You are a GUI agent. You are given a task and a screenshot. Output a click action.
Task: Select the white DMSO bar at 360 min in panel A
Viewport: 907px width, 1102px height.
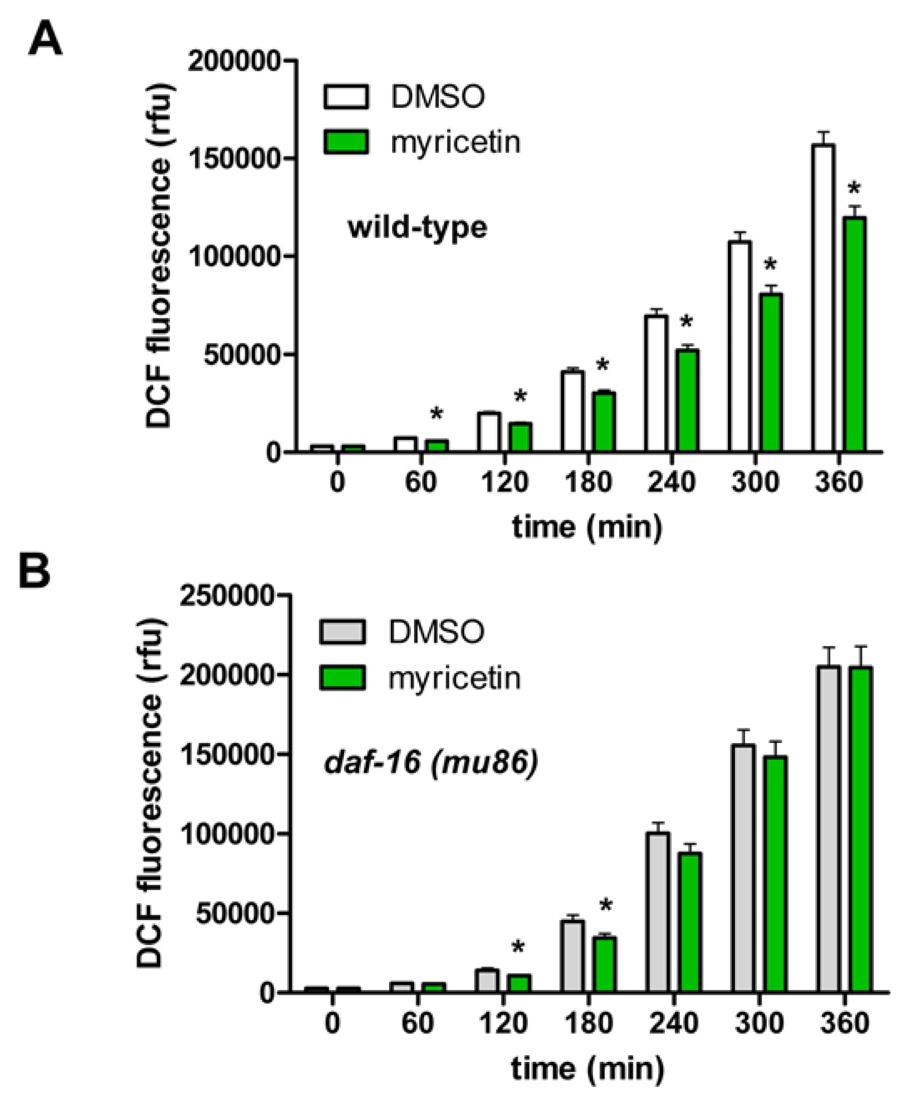coord(823,298)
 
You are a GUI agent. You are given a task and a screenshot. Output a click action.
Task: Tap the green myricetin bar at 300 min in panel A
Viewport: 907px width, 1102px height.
coord(771,372)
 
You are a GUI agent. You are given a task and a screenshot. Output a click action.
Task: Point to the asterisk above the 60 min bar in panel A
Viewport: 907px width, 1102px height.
coord(436,414)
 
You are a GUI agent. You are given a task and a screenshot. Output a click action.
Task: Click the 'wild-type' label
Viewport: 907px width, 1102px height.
coord(418,228)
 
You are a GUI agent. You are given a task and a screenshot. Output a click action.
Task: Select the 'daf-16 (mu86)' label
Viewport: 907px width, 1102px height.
coord(431,763)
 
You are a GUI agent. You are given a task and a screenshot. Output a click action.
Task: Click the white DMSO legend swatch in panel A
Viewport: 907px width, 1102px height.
coord(346,97)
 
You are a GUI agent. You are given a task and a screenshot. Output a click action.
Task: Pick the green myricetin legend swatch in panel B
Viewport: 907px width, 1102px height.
coord(343,678)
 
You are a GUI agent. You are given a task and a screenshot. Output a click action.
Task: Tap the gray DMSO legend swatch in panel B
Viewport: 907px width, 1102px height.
coord(343,631)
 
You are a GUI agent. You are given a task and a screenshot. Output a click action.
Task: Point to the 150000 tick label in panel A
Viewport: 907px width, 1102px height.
coord(234,159)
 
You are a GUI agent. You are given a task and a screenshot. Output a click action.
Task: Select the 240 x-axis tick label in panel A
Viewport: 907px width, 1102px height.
coord(671,482)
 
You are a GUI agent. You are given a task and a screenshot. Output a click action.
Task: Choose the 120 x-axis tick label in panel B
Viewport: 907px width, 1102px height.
coord(503,1023)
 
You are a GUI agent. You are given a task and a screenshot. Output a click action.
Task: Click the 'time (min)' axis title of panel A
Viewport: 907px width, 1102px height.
coord(587,527)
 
